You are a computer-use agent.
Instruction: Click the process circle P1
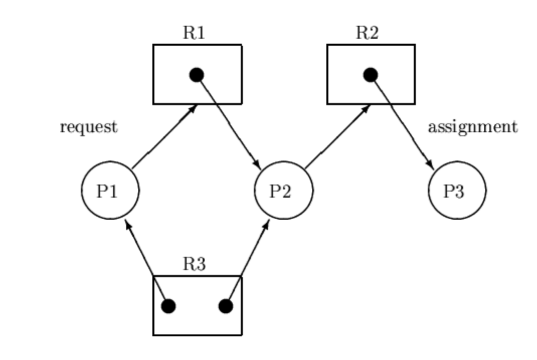[110, 190]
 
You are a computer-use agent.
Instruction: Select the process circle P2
[284, 190]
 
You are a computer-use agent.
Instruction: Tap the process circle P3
[457, 190]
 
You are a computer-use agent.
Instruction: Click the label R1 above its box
[194, 33]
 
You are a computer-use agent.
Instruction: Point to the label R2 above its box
[368, 33]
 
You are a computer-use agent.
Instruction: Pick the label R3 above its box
[194, 264]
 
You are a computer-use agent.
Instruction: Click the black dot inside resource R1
[197, 75]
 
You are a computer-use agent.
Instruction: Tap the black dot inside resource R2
[371, 75]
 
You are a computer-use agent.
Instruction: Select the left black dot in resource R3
[168, 306]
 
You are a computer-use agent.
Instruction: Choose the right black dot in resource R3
[226, 306]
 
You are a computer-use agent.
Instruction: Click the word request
[88, 127]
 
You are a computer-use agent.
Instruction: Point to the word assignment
[472, 127]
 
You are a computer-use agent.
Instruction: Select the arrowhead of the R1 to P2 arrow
[257, 165]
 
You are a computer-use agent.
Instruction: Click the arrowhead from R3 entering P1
[127, 223]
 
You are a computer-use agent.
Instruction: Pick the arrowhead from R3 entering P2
[266, 223]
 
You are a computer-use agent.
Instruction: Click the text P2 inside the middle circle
[281, 192]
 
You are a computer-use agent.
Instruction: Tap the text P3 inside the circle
[454, 192]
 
